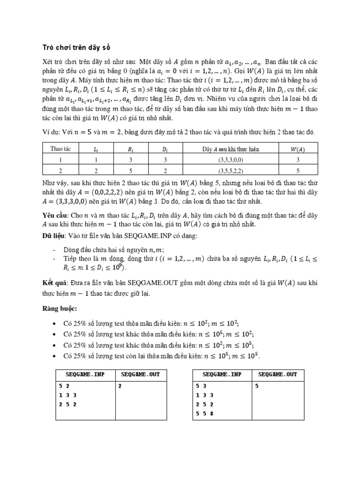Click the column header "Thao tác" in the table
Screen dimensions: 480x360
click(x=61, y=149)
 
